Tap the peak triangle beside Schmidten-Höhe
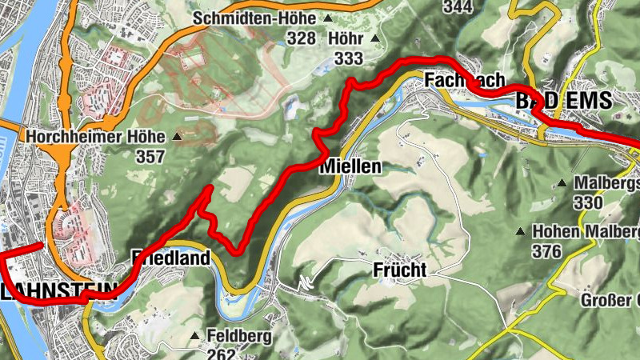click(x=327, y=18)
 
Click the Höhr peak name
click(x=346, y=38)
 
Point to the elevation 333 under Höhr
click(x=350, y=58)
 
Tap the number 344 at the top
click(x=457, y=7)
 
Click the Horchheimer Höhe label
click(x=95, y=137)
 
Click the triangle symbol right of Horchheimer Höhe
click(x=177, y=137)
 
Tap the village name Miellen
click(x=350, y=166)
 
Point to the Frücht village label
click(x=399, y=270)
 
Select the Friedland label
click(x=171, y=258)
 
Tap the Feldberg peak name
click(x=234, y=336)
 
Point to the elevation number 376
click(x=548, y=250)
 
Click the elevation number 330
click(x=587, y=202)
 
